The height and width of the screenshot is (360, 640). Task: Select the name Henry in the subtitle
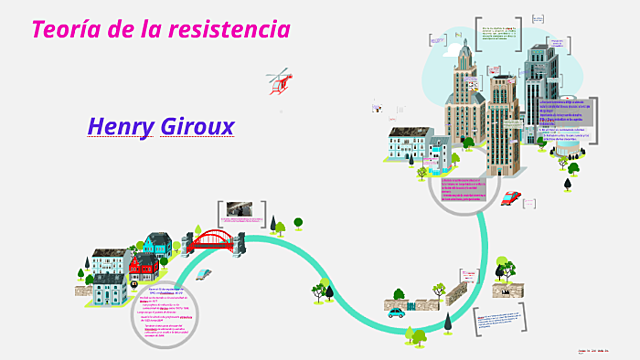coord(121,127)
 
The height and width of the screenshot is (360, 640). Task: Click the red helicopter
coord(278,82)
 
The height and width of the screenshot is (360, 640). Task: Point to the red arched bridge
coord(212,240)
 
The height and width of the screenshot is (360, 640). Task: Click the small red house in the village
coord(144,263)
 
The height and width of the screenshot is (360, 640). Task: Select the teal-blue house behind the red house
coord(157,243)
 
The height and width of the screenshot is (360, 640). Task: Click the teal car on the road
coord(397,311)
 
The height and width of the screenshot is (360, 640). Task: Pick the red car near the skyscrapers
coord(510,197)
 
